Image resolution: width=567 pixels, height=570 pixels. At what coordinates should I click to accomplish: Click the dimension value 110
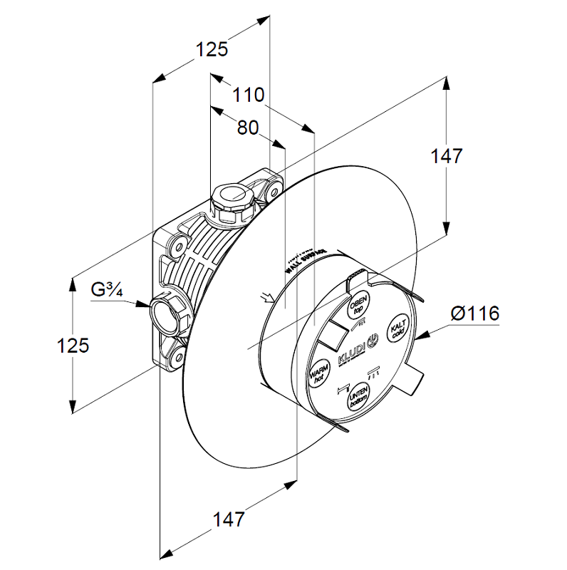[249, 95]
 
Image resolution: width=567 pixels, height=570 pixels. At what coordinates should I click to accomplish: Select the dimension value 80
[247, 128]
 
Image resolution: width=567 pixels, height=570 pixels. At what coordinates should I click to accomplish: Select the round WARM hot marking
[318, 372]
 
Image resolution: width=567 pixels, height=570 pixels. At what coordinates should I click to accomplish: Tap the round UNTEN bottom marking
[357, 396]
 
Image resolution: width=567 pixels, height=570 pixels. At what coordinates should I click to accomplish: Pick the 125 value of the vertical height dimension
[73, 346]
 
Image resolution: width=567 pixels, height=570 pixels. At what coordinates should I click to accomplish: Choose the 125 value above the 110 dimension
[212, 49]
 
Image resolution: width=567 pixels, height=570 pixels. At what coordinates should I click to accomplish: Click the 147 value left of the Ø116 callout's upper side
[447, 156]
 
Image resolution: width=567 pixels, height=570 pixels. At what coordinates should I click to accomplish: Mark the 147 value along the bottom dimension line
[228, 519]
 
